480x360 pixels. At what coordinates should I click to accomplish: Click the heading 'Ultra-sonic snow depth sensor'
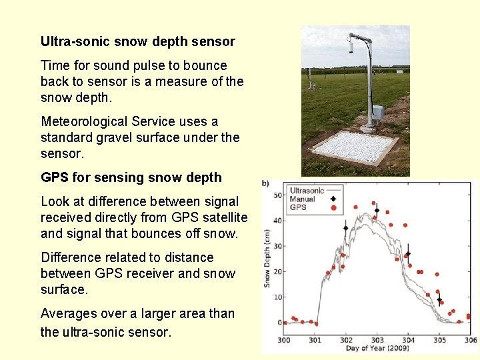coord(137,41)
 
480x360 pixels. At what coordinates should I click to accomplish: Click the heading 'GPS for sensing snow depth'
coord(131,177)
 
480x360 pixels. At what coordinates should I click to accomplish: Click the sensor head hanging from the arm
coord(350,46)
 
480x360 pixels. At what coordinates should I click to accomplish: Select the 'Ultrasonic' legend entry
coord(307,191)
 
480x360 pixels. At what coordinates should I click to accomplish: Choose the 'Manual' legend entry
coord(303,199)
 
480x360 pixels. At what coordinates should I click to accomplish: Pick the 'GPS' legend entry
coord(298,207)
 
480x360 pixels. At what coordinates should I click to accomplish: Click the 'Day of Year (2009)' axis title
coord(377,349)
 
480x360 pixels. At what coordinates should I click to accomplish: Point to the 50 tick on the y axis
coord(279,195)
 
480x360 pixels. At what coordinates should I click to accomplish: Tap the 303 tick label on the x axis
coord(377,340)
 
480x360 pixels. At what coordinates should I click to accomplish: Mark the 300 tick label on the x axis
coord(284,340)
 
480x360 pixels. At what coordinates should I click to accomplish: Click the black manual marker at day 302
coord(345,228)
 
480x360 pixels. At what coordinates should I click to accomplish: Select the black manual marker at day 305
coord(439,299)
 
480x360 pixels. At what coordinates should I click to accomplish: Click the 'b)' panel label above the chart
coord(265,183)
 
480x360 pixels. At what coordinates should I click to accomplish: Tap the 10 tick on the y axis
coord(279,297)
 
